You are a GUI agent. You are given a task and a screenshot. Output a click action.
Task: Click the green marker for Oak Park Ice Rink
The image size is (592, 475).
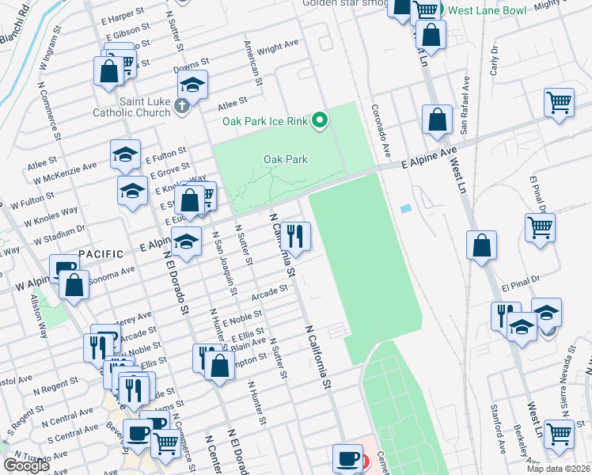(320, 121)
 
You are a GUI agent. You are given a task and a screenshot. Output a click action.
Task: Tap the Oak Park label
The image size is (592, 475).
(285, 159)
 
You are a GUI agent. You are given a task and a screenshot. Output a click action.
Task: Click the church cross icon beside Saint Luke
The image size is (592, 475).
(183, 106)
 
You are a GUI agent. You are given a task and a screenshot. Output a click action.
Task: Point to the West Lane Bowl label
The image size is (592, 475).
(486, 10)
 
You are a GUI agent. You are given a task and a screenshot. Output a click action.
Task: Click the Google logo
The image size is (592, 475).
(26, 465)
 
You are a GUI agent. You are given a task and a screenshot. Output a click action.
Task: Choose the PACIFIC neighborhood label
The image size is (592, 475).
(101, 254)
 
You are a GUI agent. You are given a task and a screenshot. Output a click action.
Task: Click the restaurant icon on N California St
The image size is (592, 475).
(297, 235)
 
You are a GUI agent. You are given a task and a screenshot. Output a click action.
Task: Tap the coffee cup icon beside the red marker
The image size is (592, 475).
(347, 458)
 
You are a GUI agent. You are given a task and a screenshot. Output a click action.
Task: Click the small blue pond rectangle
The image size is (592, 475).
(406, 209)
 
